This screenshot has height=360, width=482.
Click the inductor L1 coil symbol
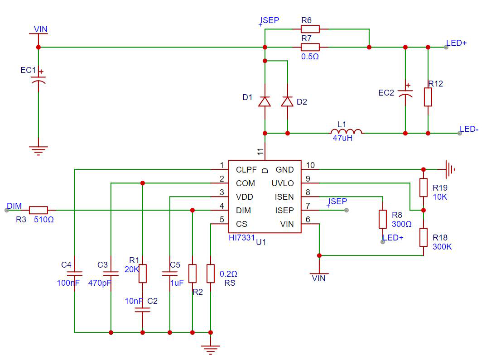click(346, 131)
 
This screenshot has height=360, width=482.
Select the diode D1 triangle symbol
click(265, 101)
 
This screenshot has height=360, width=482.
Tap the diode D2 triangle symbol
click(287, 101)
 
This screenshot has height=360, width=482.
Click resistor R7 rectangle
click(310, 47)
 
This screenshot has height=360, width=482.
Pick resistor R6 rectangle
click(310, 29)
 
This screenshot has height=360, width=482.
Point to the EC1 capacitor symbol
click(39, 79)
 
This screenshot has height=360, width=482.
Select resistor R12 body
click(428, 97)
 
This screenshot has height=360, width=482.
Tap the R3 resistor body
click(39, 210)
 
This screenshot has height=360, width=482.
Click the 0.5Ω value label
click(310, 57)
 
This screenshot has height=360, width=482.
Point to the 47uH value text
click(342, 138)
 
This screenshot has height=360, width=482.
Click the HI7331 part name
click(241, 238)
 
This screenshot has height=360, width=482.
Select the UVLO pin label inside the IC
click(283, 183)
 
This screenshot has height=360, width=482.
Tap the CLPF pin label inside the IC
click(246, 170)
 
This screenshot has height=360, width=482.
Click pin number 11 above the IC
click(260, 151)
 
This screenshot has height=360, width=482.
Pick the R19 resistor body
click(423, 187)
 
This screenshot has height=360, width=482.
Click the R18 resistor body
click(423, 237)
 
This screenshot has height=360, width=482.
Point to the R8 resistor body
click(382, 219)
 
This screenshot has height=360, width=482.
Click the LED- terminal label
click(469, 130)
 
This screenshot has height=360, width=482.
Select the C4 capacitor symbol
click(75, 274)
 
